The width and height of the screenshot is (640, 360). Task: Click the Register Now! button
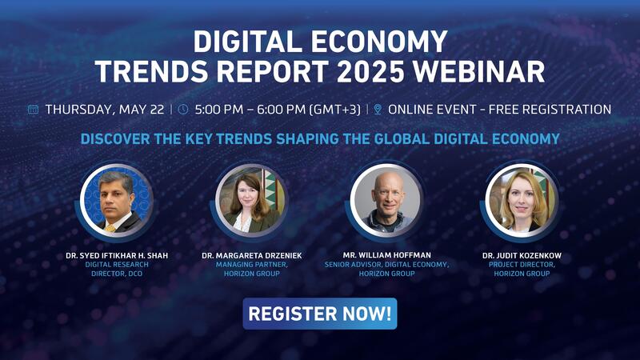319,314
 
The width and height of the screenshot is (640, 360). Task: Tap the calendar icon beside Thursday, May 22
33,110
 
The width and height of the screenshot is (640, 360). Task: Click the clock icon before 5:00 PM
183,110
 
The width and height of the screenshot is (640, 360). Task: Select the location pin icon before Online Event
378,110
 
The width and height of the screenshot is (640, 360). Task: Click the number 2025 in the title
370,71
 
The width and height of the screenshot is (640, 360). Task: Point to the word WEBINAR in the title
478,71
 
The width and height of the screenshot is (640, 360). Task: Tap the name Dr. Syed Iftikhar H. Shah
117,255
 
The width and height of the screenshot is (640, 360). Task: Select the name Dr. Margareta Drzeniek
251,255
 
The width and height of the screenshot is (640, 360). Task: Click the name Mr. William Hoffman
386,255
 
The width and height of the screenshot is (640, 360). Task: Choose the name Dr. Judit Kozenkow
522,255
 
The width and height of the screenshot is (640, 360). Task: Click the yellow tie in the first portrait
110,228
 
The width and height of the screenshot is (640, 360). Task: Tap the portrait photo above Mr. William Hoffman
386,201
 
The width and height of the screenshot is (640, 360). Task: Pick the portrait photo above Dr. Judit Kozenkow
522,201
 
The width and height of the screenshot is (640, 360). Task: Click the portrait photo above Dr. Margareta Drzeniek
251,201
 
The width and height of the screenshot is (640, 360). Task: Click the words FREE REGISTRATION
550,110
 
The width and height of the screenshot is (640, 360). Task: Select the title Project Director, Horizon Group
522,269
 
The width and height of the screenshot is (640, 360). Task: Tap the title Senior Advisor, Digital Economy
386,265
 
